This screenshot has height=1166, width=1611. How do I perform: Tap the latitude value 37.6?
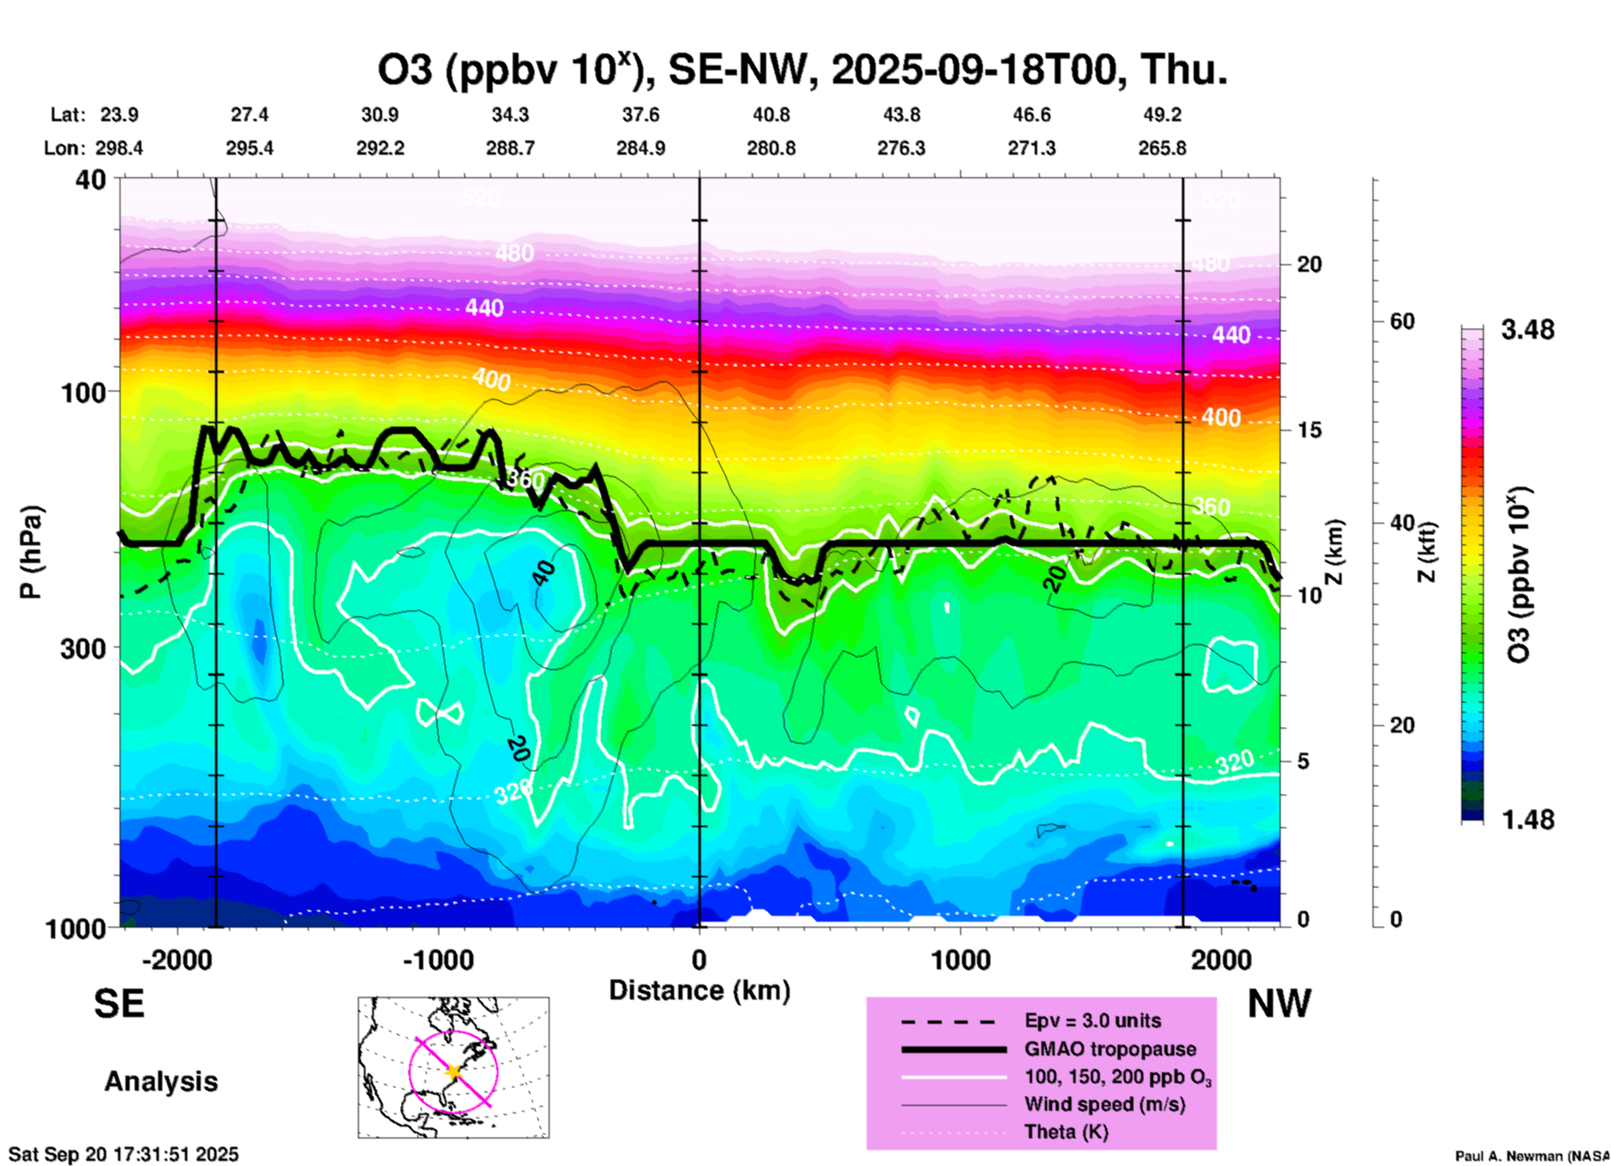click(641, 115)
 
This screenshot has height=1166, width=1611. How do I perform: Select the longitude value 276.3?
click(901, 148)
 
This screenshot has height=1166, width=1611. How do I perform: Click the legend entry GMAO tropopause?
click(1110, 1049)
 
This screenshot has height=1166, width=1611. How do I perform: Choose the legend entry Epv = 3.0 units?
click(1092, 1020)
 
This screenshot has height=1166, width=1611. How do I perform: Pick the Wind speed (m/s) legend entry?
click(1104, 1104)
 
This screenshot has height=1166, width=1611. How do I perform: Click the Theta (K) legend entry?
click(1066, 1132)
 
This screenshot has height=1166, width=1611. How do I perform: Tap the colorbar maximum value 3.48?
click(1527, 330)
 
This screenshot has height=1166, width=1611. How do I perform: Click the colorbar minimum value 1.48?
click(1527, 820)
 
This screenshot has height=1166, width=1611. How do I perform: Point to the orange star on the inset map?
click(453, 1071)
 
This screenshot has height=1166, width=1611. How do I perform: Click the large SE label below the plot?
click(119, 1003)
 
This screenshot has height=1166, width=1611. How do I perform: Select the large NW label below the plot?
click(1279, 1003)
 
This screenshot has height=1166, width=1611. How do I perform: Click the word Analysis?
click(161, 1082)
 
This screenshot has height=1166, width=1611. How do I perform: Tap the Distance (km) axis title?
click(699, 990)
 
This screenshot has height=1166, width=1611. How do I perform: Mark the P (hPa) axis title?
click(31, 552)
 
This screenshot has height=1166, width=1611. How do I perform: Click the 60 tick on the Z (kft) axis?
click(1402, 321)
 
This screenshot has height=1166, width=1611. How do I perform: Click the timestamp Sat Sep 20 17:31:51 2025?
click(124, 1154)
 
